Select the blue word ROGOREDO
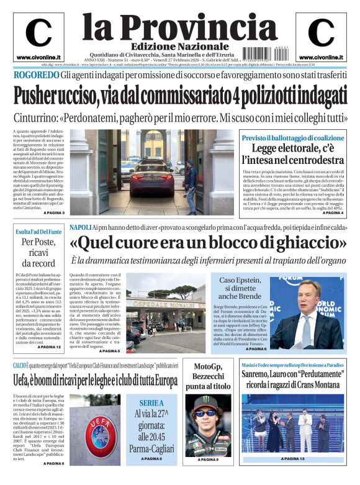pos(36,76)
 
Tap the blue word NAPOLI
pos(80,227)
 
